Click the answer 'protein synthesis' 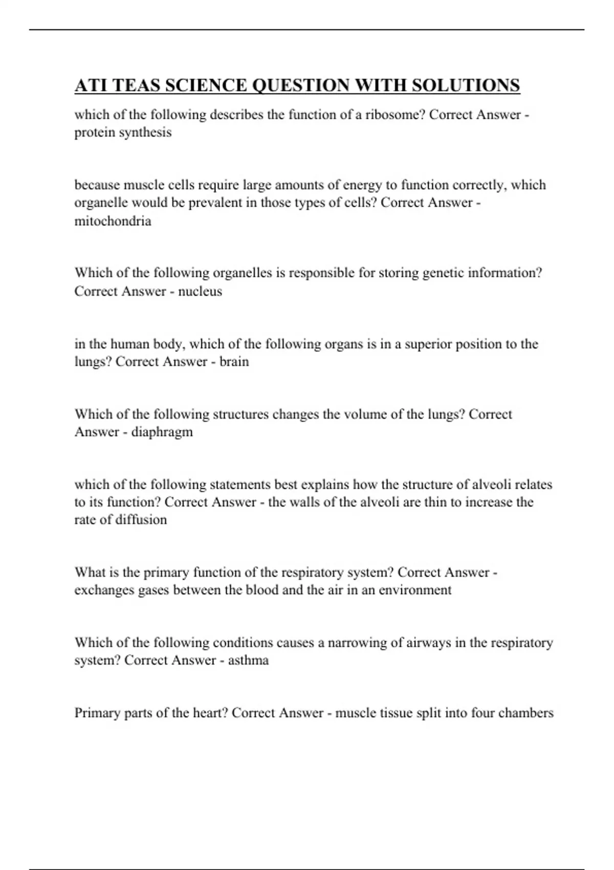123,133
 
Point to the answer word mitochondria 113,221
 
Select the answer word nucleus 200,291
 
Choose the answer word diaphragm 162,432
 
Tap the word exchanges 104,590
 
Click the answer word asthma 248,660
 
